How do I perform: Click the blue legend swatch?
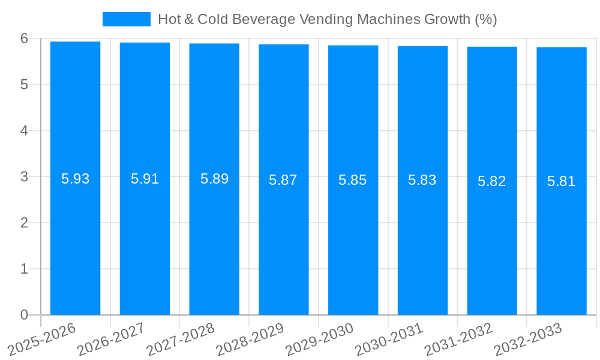pos(126,19)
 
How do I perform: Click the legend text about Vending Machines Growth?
pos(327,19)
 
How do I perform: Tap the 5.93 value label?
pos(76,179)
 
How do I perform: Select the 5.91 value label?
pos(145,179)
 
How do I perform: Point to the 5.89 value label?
pos(215,179)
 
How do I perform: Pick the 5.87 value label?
pos(283,180)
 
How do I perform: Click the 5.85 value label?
pos(353,180)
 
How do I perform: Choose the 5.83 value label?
pos(422,180)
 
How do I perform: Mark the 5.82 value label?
pos(492,181)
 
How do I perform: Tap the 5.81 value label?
pos(562,181)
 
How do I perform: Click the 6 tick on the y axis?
pos(24,38)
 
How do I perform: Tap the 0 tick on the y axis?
pos(24,315)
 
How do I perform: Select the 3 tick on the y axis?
pos(24,177)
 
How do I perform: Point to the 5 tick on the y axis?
pos(24,85)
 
